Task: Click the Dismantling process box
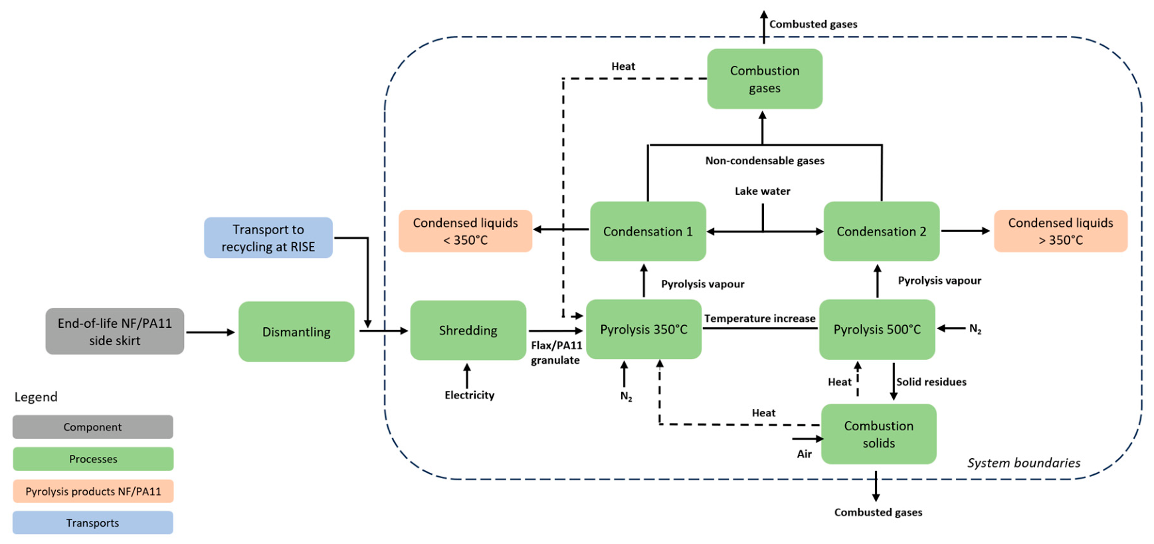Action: point(296,331)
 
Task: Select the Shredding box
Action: point(468,330)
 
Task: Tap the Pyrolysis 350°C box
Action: point(644,329)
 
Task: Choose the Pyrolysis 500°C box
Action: point(877,329)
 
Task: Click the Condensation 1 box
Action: point(648,231)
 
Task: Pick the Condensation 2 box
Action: point(882,231)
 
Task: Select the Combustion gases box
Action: point(765,78)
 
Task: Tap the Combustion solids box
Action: point(879,434)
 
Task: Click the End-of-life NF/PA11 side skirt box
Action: point(115,331)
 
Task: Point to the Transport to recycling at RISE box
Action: point(268,237)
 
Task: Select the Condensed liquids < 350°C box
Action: point(466,231)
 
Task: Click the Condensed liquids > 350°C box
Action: point(1061,231)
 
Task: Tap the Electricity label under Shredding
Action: point(470,395)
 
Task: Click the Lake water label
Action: point(763,191)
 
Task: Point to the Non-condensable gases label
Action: point(765,160)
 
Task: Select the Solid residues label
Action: point(931,382)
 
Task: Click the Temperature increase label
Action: point(760,319)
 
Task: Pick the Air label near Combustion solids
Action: point(805,454)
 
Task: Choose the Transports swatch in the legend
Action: point(93,523)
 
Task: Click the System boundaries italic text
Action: point(1024,463)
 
